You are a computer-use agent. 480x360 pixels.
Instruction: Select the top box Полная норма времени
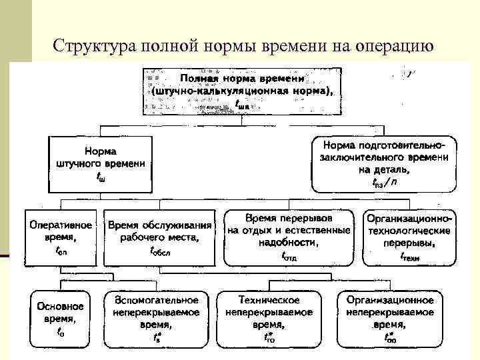pos(242,89)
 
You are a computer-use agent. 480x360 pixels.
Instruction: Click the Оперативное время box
pos(60,237)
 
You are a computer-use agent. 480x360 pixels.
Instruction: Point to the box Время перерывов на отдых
pos(289,237)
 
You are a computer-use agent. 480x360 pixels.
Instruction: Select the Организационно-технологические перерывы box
pos(410,237)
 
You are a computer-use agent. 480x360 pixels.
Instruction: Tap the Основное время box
pos(60,319)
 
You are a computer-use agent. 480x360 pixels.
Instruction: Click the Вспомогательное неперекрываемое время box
pos(156,319)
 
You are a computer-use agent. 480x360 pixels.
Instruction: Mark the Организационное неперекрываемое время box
pos(389,319)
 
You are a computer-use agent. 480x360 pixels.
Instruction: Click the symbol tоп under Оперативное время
pos(60,252)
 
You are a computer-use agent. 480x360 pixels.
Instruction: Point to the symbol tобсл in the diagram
pos(160,252)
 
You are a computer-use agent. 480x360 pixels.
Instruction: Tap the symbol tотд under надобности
pos(289,255)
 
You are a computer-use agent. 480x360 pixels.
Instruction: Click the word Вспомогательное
pos(156,301)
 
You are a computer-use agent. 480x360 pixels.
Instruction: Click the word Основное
pos(61,307)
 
